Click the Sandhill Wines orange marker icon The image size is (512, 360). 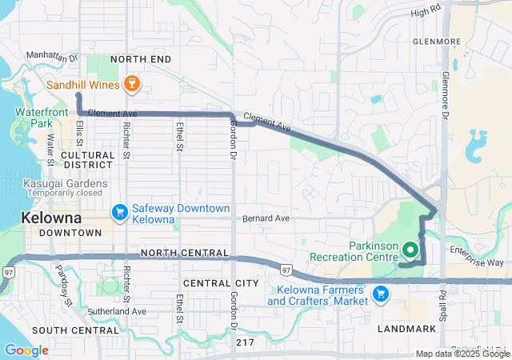click(x=133, y=83)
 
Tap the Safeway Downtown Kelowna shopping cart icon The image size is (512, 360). click(x=120, y=211)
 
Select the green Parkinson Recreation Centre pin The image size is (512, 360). click(x=410, y=250)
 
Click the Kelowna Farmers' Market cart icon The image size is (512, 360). click(x=380, y=294)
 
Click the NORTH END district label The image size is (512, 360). click(x=141, y=59)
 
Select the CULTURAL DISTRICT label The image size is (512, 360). click(x=88, y=160)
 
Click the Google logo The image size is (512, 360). click(x=26, y=350)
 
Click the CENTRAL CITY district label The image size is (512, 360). click(x=221, y=283)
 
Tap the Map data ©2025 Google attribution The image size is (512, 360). click(x=462, y=354)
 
